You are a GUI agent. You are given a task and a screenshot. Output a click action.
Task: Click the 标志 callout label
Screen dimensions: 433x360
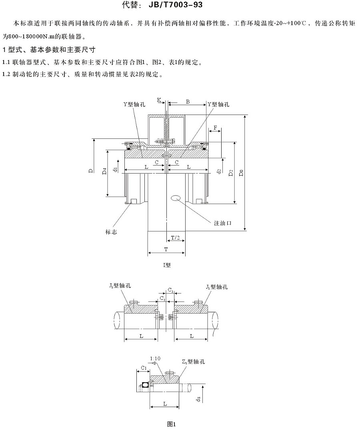111,232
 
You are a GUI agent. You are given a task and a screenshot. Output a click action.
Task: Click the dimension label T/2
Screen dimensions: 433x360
175,238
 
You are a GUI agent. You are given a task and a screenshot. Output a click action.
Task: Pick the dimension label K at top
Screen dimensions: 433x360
159,100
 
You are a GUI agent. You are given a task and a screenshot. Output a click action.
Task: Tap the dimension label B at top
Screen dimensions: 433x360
187,102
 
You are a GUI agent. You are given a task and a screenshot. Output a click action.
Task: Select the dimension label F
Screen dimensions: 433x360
216,128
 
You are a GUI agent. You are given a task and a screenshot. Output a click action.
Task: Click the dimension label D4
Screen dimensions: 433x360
104,172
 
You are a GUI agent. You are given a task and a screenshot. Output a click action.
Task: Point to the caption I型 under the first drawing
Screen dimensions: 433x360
167,265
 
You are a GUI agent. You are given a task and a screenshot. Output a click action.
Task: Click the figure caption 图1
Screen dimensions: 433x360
172,424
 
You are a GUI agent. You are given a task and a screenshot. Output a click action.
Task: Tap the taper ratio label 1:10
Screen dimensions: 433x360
155,359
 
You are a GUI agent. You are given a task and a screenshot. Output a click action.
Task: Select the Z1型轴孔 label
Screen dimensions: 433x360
193,361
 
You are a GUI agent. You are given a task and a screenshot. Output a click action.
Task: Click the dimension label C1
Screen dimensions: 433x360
144,367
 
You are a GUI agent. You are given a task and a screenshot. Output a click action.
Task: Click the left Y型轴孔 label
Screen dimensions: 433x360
134,104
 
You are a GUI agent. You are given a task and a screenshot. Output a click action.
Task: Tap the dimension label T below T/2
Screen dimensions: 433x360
166,249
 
